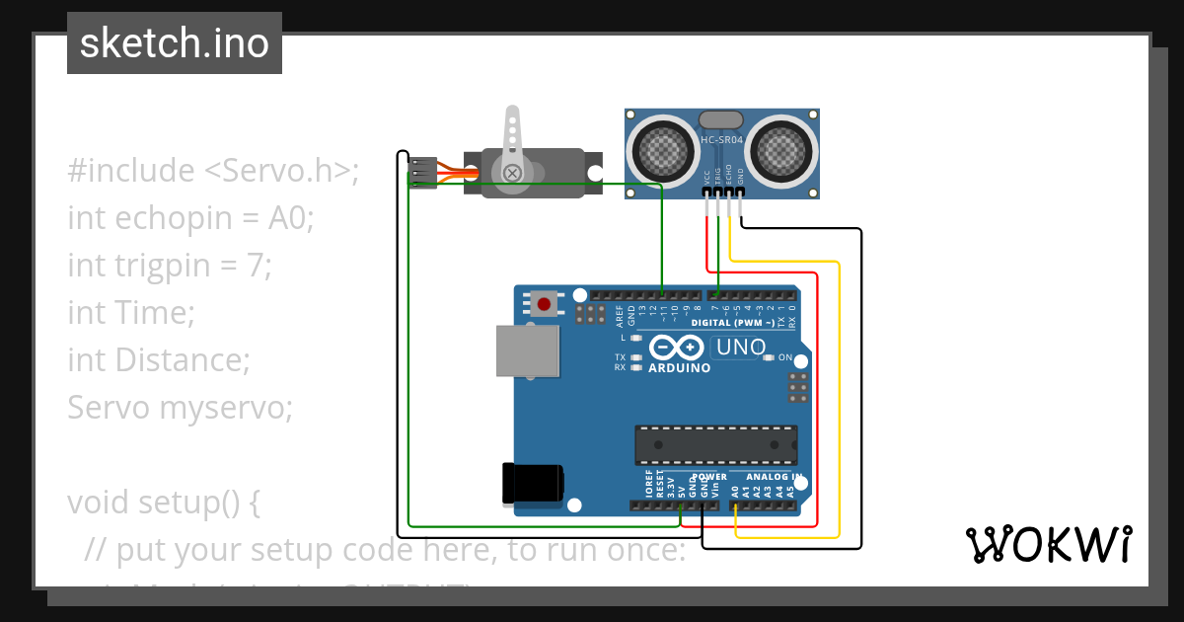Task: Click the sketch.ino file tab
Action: click(x=174, y=43)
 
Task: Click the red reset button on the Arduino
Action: click(x=543, y=303)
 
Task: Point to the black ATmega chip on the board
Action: click(x=715, y=445)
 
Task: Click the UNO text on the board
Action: click(x=741, y=348)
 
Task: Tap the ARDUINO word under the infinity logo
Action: click(x=679, y=368)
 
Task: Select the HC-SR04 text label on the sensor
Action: click(x=721, y=140)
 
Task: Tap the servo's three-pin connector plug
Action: click(x=423, y=173)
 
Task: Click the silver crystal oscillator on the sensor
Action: click(x=721, y=120)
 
